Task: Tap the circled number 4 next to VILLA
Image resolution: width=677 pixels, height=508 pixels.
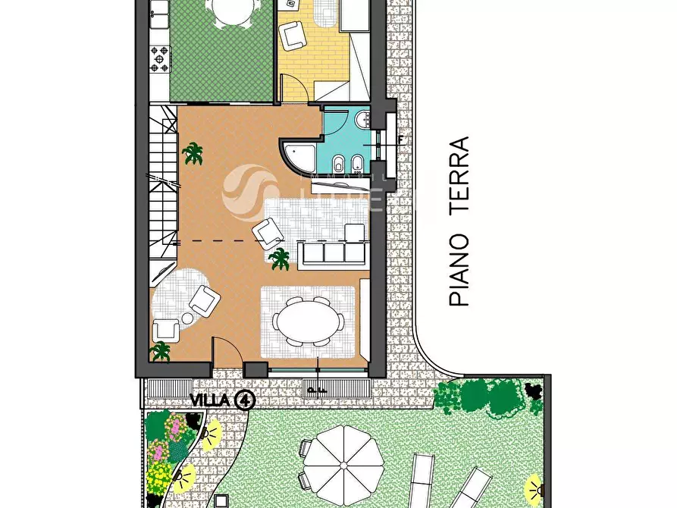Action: coord(245,400)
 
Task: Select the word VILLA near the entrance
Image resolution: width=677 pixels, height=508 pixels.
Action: coord(210,400)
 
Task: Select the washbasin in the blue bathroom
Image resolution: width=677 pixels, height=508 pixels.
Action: coord(362,118)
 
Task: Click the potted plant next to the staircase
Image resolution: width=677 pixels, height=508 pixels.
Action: coord(193,153)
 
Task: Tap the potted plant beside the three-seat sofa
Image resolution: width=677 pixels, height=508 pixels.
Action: coord(280,259)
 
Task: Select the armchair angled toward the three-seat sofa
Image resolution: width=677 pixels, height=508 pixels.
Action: coord(268,233)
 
